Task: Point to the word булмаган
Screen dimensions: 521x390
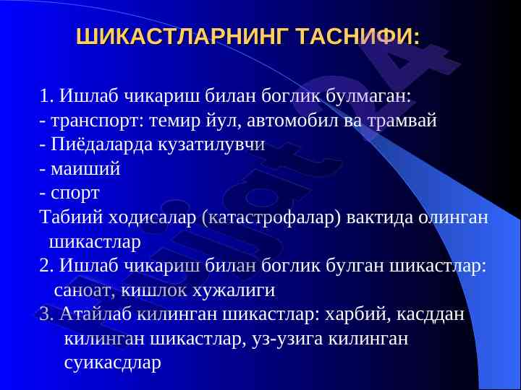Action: tap(368, 96)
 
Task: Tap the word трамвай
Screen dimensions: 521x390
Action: tap(402, 121)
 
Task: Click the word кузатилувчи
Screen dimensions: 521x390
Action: tap(211, 145)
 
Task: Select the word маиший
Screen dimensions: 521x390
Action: tap(85, 169)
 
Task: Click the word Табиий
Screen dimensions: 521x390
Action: tap(72, 217)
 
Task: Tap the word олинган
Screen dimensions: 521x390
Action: tap(453, 218)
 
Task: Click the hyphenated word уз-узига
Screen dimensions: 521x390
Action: tap(287, 339)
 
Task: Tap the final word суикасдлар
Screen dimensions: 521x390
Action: tap(112, 363)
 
